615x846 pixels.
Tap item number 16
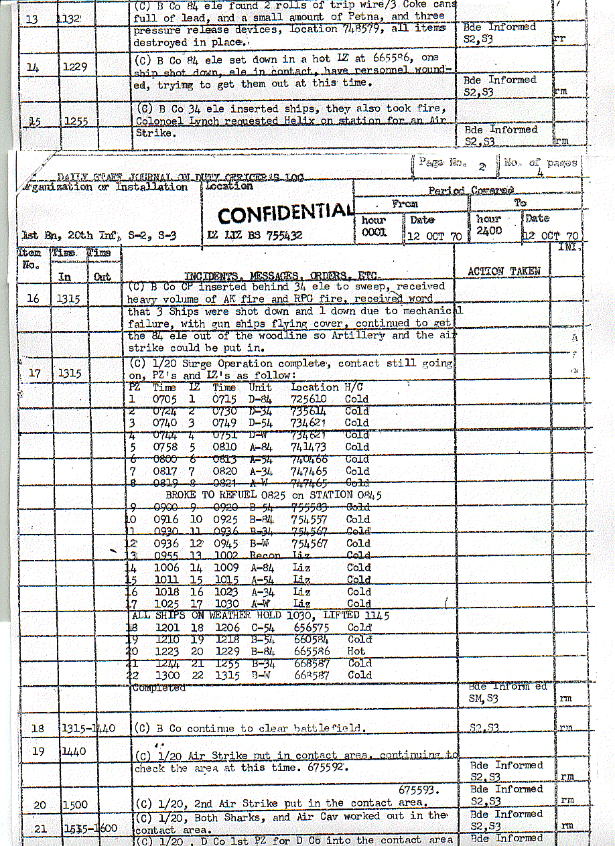pyautogui.click(x=33, y=299)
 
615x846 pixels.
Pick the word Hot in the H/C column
pyautogui.click(x=356, y=651)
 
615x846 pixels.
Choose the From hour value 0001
pyautogui.click(x=373, y=231)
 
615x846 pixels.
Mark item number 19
pyautogui.click(x=38, y=752)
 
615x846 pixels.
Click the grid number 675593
pyautogui.click(x=420, y=790)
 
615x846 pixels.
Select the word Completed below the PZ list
pyautogui.click(x=159, y=688)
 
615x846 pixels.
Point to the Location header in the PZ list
pyautogui.click(x=315, y=387)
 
